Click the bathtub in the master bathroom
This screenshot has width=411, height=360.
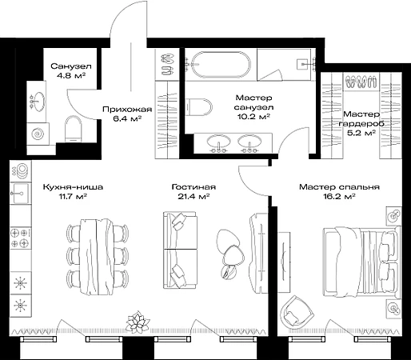click(x=221, y=65)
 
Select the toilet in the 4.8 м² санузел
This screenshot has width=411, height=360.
click(x=74, y=129)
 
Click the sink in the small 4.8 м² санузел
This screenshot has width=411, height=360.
click(x=38, y=102)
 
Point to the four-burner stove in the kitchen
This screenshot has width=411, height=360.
click(x=21, y=238)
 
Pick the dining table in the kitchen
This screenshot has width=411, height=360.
click(x=97, y=257)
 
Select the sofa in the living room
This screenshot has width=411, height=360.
click(x=180, y=250)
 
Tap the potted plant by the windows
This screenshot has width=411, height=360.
click(x=138, y=322)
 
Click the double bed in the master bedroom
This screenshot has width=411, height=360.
click(x=362, y=262)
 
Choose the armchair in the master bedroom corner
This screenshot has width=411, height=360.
click(x=297, y=310)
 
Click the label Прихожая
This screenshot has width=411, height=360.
click(x=127, y=110)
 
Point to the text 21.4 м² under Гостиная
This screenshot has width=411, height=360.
click(x=194, y=197)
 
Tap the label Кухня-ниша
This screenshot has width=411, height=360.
click(x=73, y=187)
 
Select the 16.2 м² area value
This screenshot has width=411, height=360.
click(x=339, y=197)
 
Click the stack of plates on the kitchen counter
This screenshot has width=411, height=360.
click(x=20, y=170)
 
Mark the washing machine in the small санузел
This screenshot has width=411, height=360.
click(x=38, y=134)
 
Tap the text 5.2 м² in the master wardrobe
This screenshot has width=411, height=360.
click(x=361, y=133)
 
